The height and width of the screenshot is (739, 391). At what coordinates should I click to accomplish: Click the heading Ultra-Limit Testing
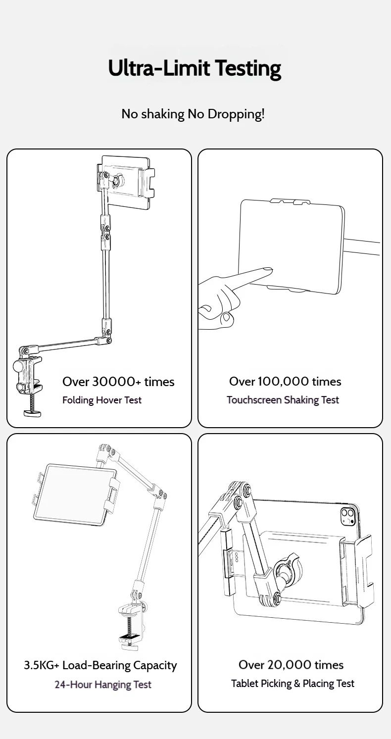point(195,68)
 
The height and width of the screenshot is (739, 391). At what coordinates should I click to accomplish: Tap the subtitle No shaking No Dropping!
point(193,114)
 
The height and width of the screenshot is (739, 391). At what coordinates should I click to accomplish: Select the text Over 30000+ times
point(118,382)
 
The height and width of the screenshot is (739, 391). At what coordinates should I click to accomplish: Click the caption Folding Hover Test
point(102,400)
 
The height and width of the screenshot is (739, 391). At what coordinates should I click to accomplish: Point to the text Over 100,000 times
point(285,382)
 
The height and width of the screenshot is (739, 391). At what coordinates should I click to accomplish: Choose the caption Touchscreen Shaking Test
point(283,400)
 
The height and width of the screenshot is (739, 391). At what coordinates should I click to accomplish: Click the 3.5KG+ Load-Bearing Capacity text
point(100,665)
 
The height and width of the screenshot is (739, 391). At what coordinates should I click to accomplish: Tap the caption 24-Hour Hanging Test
point(103,685)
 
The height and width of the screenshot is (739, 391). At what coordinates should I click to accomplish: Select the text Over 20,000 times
point(291,665)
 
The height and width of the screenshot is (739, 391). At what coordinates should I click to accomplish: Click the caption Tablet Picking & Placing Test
point(293,684)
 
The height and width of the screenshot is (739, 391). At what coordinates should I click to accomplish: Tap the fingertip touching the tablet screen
point(267,271)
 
